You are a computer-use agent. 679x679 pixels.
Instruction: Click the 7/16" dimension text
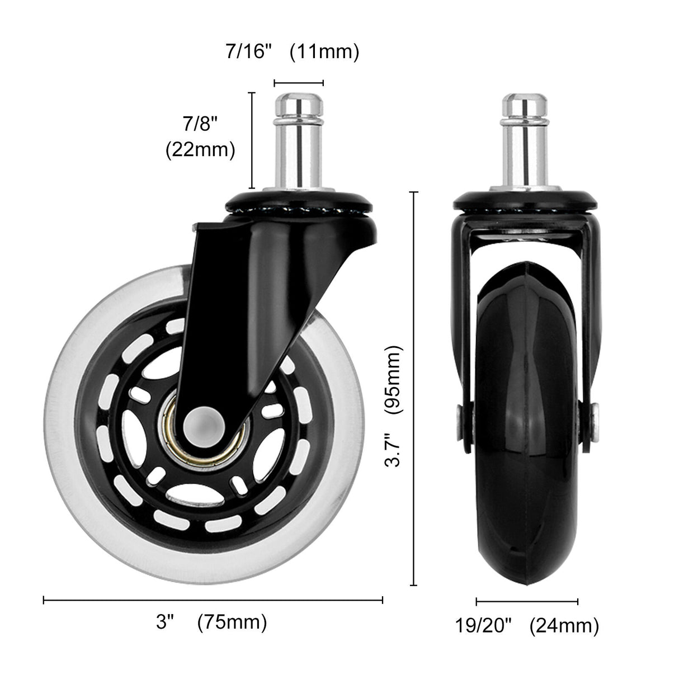click(x=248, y=52)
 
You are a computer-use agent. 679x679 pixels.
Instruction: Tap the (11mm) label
click(x=324, y=52)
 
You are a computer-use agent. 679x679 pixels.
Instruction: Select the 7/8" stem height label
click(x=200, y=124)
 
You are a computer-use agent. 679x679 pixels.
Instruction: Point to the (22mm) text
click(x=200, y=150)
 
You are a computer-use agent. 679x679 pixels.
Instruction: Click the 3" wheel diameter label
click(x=166, y=623)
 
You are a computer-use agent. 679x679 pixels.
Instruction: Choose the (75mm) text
click(x=232, y=623)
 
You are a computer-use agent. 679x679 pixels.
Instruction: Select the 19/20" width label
click(x=483, y=626)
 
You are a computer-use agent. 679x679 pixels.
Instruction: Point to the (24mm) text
click(x=564, y=626)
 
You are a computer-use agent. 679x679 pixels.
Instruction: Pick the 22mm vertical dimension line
click(x=252, y=140)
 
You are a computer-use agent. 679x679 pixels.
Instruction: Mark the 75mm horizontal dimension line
click(x=213, y=601)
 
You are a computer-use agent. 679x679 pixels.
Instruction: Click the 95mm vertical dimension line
click(x=414, y=389)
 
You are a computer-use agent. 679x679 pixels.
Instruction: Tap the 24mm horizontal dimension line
click(x=526, y=602)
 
